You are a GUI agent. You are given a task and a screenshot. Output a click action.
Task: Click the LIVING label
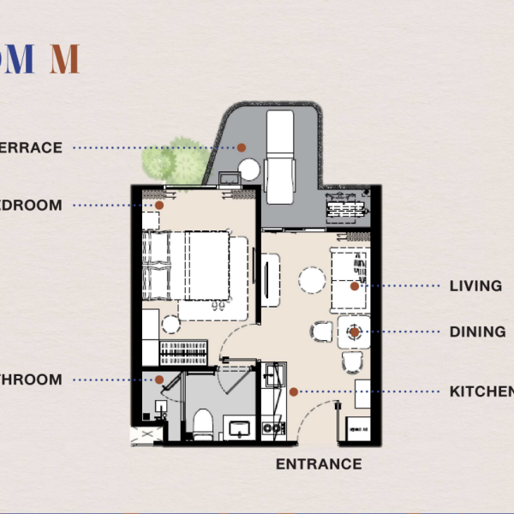(475, 286)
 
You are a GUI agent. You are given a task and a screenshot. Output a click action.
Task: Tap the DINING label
(477, 332)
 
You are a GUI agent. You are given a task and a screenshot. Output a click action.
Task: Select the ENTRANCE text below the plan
(319, 464)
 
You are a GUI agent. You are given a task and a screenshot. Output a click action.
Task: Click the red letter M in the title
(64, 59)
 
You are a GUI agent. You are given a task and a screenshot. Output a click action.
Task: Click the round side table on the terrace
(249, 170)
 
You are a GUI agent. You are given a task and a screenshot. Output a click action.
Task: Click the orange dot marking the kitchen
(293, 391)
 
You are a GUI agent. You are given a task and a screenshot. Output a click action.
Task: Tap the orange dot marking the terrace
(242, 147)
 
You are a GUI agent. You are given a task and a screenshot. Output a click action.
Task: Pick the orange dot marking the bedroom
(159, 206)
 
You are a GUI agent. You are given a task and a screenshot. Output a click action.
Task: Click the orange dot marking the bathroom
(159, 380)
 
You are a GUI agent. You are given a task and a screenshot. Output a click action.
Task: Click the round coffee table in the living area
(312, 279)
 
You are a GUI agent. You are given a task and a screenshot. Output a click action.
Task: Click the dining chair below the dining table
(352, 363)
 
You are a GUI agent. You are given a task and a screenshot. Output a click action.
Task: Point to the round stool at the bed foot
(170, 324)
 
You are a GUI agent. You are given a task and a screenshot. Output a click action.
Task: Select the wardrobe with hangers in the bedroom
(182, 351)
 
